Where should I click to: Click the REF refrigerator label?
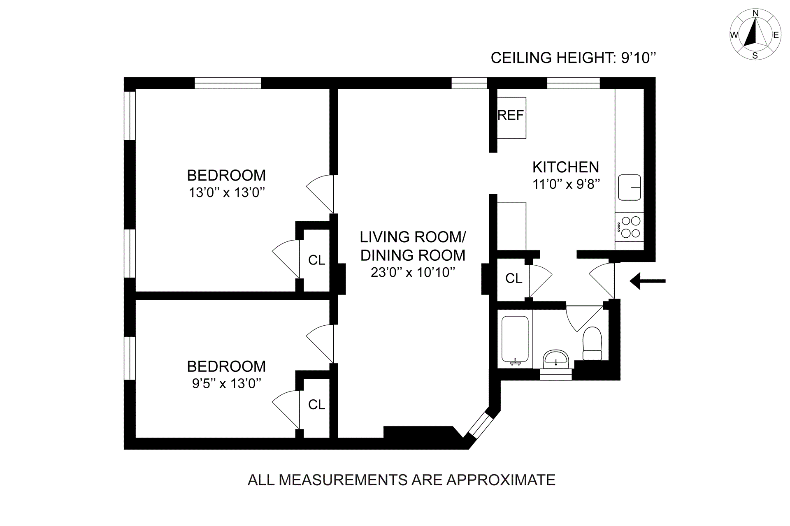coord(511,116)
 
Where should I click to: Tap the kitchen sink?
coord(630,188)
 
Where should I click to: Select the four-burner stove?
coord(630,227)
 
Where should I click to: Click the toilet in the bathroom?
coord(592,344)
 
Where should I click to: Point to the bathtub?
coord(515,341)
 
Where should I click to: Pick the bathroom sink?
coord(555,360)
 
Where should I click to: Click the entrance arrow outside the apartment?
coord(648,281)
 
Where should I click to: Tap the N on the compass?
coord(755,14)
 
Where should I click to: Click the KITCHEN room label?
coord(566,167)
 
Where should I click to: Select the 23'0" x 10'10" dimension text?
coord(413,272)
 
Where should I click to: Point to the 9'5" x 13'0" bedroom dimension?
coord(226,383)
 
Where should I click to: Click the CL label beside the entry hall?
coord(513,278)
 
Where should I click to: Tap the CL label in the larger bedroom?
coord(316,260)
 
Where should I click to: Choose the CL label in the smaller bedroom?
coord(316,405)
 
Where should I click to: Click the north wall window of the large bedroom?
coord(228,83)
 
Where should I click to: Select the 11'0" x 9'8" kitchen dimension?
coord(566,184)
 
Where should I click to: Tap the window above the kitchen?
coord(573,83)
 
